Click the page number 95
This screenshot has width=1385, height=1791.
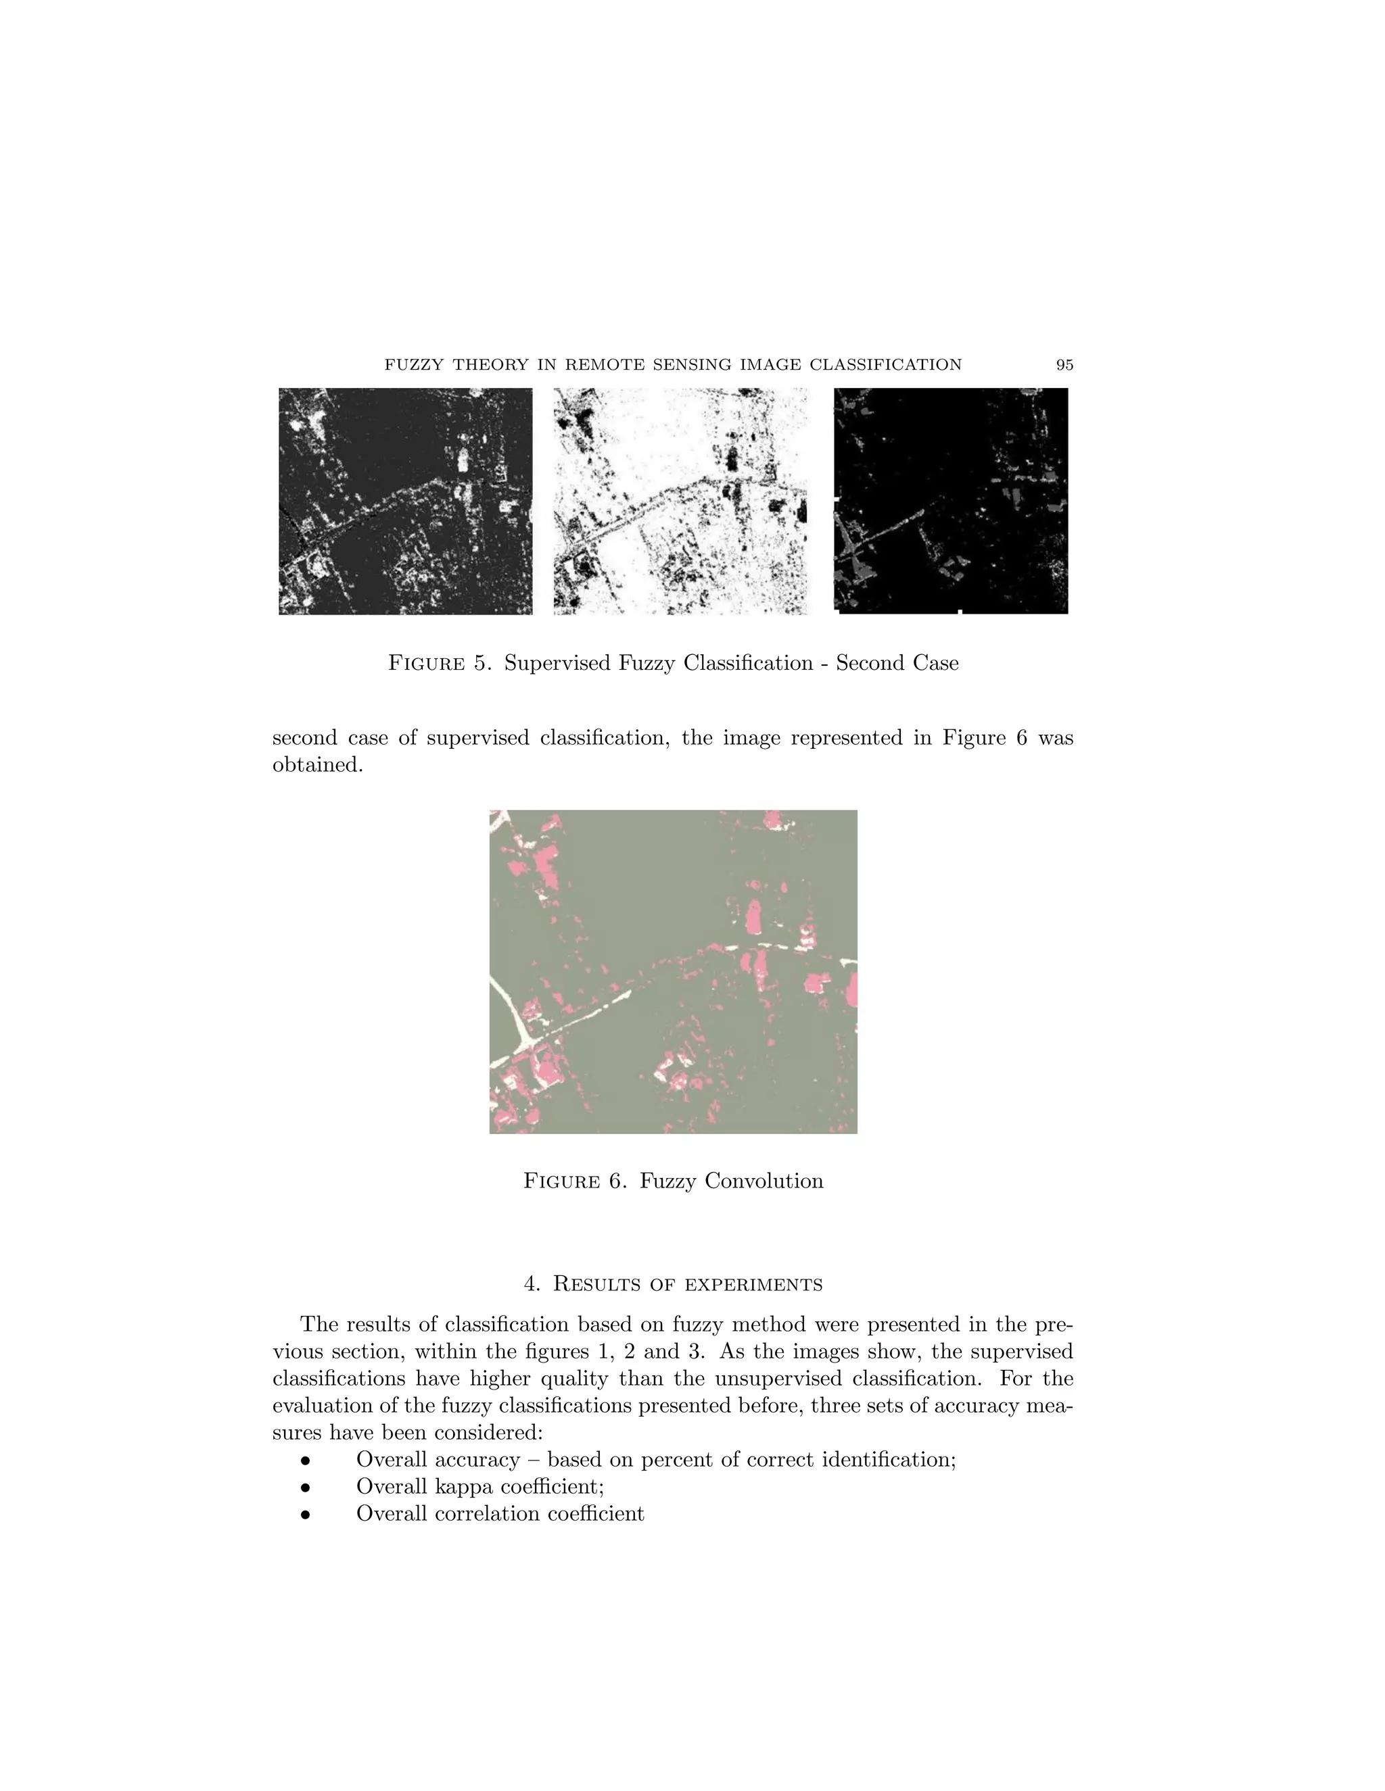tap(1064, 365)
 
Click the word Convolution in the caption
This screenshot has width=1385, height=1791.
tap(731, 1181)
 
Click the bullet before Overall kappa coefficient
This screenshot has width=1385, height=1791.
tap(305, 1488)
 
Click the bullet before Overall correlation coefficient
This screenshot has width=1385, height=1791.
tap(305, 1515)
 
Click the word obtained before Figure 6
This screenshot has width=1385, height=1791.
tap(316, 765)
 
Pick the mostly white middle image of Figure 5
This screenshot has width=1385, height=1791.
tap(680, 501)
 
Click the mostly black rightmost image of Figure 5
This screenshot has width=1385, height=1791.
tap(951, 501)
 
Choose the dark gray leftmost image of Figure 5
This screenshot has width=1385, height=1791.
tap(405, 501)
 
